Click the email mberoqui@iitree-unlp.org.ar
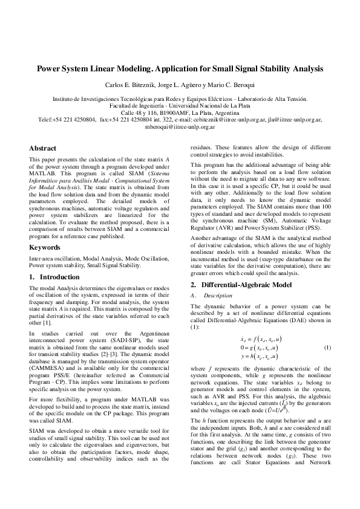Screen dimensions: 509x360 coord(180,127)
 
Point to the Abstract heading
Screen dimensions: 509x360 coord(43,148)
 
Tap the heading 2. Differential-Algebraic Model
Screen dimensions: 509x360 coord(241,284)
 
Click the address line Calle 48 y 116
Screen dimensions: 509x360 coord(180,113)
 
